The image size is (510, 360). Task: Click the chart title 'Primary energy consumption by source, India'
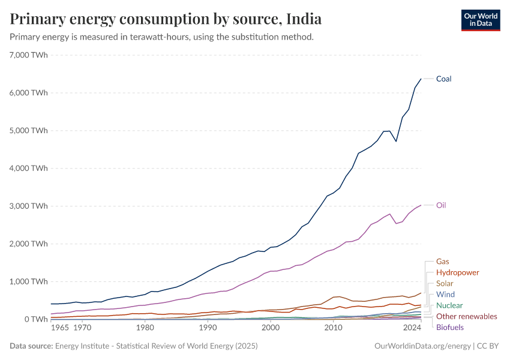[x=166, y=19]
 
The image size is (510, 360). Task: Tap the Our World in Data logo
[x=480, y=20]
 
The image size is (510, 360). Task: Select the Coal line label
[x=443, y=79]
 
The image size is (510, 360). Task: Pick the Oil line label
[x=441, y=205]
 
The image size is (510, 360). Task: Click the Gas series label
[x=442, y=262]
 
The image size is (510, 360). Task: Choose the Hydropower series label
[x=457, y=272]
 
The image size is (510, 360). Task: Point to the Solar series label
[x=445, y=283]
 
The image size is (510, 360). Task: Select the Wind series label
[x=445, y=295]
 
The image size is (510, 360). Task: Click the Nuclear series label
[x=449, y=305]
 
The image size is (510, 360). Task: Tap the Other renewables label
[x=466, y=316]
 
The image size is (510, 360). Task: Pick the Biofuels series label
[x=449, y=327]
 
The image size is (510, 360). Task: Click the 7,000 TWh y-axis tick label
[x=29, y=55]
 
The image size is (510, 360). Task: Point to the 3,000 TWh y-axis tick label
[x=29, y=206]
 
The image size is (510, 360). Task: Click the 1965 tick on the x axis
[x=59, y=328]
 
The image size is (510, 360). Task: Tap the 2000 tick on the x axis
[x=271, y=328]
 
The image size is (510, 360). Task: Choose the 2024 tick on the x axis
[x=412, y=328]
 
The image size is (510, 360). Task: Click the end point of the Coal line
[x=421, y=79]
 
